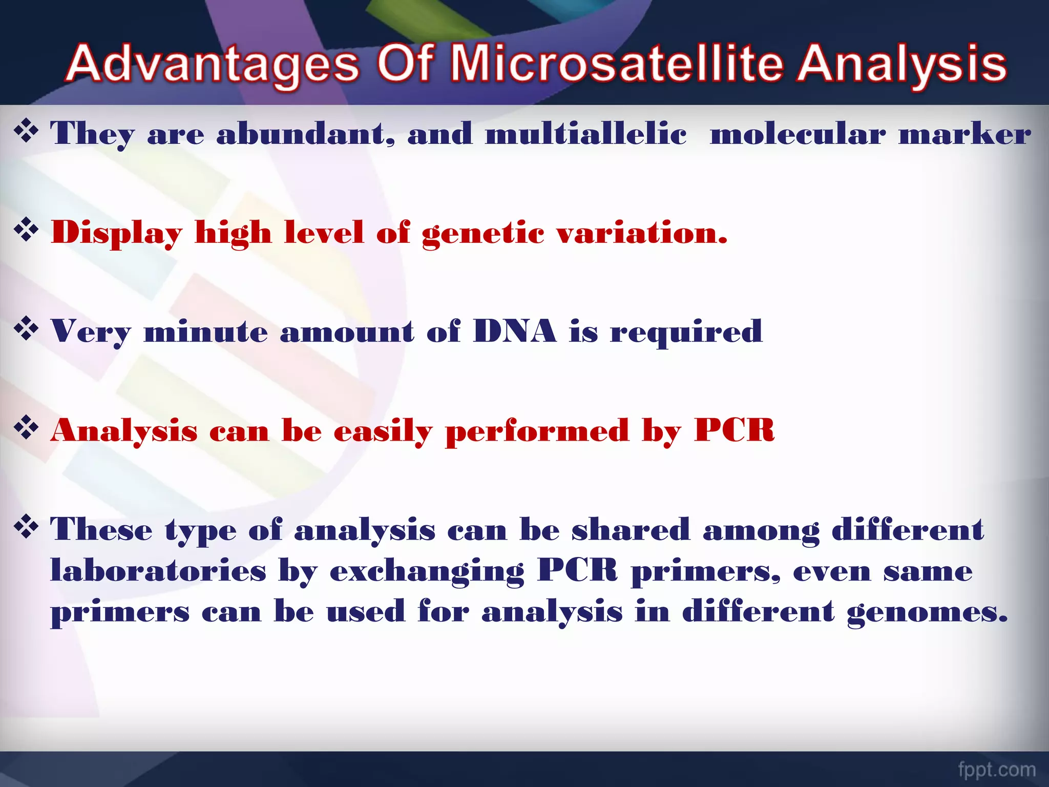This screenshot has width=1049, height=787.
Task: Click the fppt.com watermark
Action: coord(997,769)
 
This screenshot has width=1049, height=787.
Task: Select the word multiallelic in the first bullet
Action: coord(585,134)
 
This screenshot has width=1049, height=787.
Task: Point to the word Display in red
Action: coord(117,233)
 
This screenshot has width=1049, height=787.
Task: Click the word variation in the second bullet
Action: coord(641,233)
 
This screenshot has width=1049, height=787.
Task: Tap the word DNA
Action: coord(514,331)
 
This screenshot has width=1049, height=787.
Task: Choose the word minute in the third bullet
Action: coord(205,332)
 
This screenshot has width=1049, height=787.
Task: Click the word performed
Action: coord(537,431)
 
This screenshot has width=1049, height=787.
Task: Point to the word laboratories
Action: coord(158,570)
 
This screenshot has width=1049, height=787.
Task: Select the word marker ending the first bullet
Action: coord(964,134)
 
